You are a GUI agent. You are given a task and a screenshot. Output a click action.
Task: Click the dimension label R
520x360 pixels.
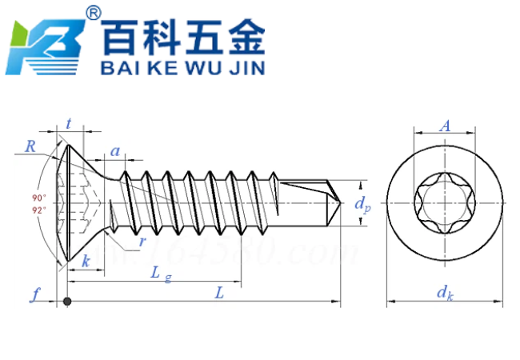30,146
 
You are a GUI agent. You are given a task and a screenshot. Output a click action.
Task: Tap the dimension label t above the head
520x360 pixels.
70,123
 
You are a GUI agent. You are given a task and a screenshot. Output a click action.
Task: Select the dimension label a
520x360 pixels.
115,150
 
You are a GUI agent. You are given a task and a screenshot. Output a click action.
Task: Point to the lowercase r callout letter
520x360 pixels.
142,242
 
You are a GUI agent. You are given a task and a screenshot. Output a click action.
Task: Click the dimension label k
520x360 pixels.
86,261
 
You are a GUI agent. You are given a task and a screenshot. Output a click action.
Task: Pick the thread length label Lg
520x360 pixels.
161,273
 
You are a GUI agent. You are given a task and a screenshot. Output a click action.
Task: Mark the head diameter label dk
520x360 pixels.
446,293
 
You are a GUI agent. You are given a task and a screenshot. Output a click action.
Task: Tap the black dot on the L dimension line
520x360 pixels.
68,302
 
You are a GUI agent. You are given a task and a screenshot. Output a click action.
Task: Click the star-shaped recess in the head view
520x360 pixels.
445,206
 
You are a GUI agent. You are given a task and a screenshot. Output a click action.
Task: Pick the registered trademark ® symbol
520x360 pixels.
94,14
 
